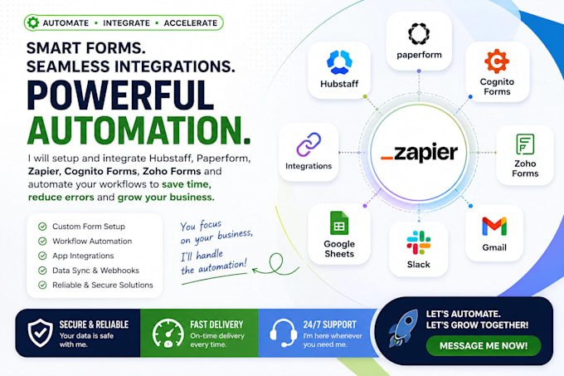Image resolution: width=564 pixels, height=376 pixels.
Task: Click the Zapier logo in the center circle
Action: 419,152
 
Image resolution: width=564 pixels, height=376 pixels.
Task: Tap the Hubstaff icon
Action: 339,62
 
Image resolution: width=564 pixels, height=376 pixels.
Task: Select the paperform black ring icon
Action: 419,34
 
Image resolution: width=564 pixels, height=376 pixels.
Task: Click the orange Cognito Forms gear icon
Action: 497,61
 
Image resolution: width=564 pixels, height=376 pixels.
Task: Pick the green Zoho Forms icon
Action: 525,144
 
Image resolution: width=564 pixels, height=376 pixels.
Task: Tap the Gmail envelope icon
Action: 494,227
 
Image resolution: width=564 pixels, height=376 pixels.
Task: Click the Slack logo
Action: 419,242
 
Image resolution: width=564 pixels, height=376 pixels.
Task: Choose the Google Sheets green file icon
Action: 339,222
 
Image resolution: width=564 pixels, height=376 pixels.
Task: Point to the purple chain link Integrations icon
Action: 309,144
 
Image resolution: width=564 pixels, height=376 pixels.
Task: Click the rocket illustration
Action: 404,328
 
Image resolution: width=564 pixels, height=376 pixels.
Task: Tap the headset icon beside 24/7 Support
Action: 284,333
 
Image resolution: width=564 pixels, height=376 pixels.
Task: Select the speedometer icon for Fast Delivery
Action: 168,333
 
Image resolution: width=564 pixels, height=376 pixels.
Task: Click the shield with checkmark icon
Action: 41,333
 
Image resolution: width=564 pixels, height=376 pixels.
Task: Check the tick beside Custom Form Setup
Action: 42,227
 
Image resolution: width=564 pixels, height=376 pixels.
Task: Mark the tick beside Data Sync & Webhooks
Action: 42,271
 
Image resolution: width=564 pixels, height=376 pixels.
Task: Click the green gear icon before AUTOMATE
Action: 33,22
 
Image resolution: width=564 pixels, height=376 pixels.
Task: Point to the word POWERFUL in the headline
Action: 120,95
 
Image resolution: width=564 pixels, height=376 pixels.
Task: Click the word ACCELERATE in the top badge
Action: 191,23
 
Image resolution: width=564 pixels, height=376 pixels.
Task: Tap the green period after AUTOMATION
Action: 246,140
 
